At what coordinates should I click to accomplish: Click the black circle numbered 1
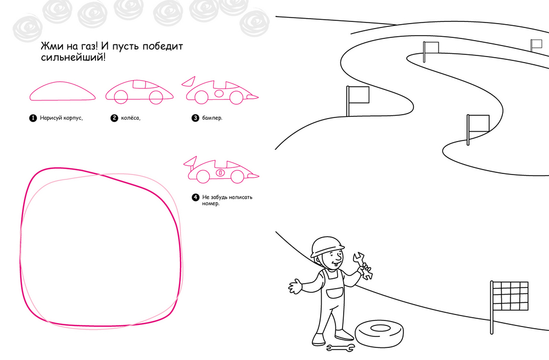pyautogui.click(x=33, y=118)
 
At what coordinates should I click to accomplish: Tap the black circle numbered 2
pyautogui.click(x=115, y=118)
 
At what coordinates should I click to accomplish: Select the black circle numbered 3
pyautogui.click(x=195, y=118)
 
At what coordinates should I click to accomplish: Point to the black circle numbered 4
pyautogui.click(x=195, y=198)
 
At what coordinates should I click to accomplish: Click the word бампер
pyautogui.click(x=212, y=118)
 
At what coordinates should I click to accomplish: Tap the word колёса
pyautogui.click(x=131, y=118)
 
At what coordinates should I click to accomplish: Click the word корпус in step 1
pyautogui.click(x=73, y=118)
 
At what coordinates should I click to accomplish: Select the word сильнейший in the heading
pyautogui.click(x=73, y=57)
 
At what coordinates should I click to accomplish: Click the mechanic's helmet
pyautogui.click(x=327, y=246)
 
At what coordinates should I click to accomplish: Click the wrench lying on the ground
pyautogui.click(x=340, y=348)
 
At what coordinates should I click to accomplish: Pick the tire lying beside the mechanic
pyautogui.click(x=379, y=333)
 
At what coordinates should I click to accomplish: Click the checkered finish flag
pyautogui.click(x=510, y=296)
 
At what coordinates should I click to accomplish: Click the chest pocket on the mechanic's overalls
pyautogui.click(x=335, y=292)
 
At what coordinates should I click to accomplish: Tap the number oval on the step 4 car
pyautogui.click(x=220, y=172)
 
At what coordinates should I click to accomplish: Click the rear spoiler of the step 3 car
pyautogui.click(x=189, y=81)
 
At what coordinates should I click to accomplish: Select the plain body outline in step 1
pyautogui.click(x=63, y=91)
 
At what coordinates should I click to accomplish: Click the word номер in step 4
pyautogui.click(x=211, y=204)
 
